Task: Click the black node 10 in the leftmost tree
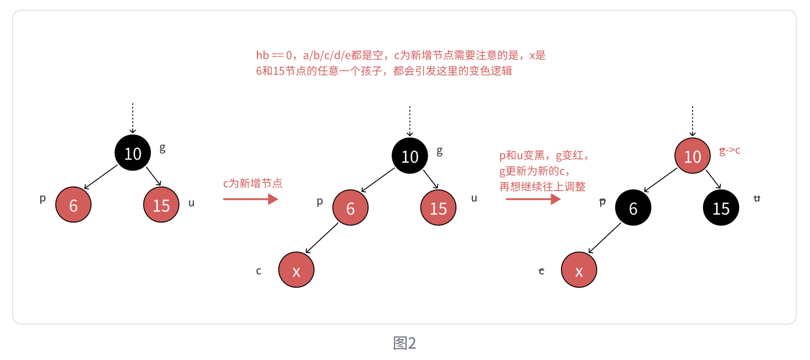pos(133,153)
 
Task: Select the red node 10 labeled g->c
pos(692,156)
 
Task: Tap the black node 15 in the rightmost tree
pos(721,208)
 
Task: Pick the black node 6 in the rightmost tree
pos(633,208)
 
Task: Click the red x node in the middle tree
pos(296,270)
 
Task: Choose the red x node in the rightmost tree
pos(579,270)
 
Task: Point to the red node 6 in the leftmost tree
pos(73,205)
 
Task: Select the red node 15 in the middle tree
pos(438,208)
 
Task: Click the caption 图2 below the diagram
pos(405,343)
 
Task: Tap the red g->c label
pos(729,151)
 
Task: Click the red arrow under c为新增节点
pos(250,199)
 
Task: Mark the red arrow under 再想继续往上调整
pos(533,199)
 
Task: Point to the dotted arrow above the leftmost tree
pos(133,118)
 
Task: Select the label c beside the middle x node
pos(259,271)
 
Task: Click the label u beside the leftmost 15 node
pos(191,203)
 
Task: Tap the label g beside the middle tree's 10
pos(439,151)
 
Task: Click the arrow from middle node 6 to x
pos(322,238)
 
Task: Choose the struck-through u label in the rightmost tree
pos(757,198)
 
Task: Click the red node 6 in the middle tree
pos(350,208)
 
